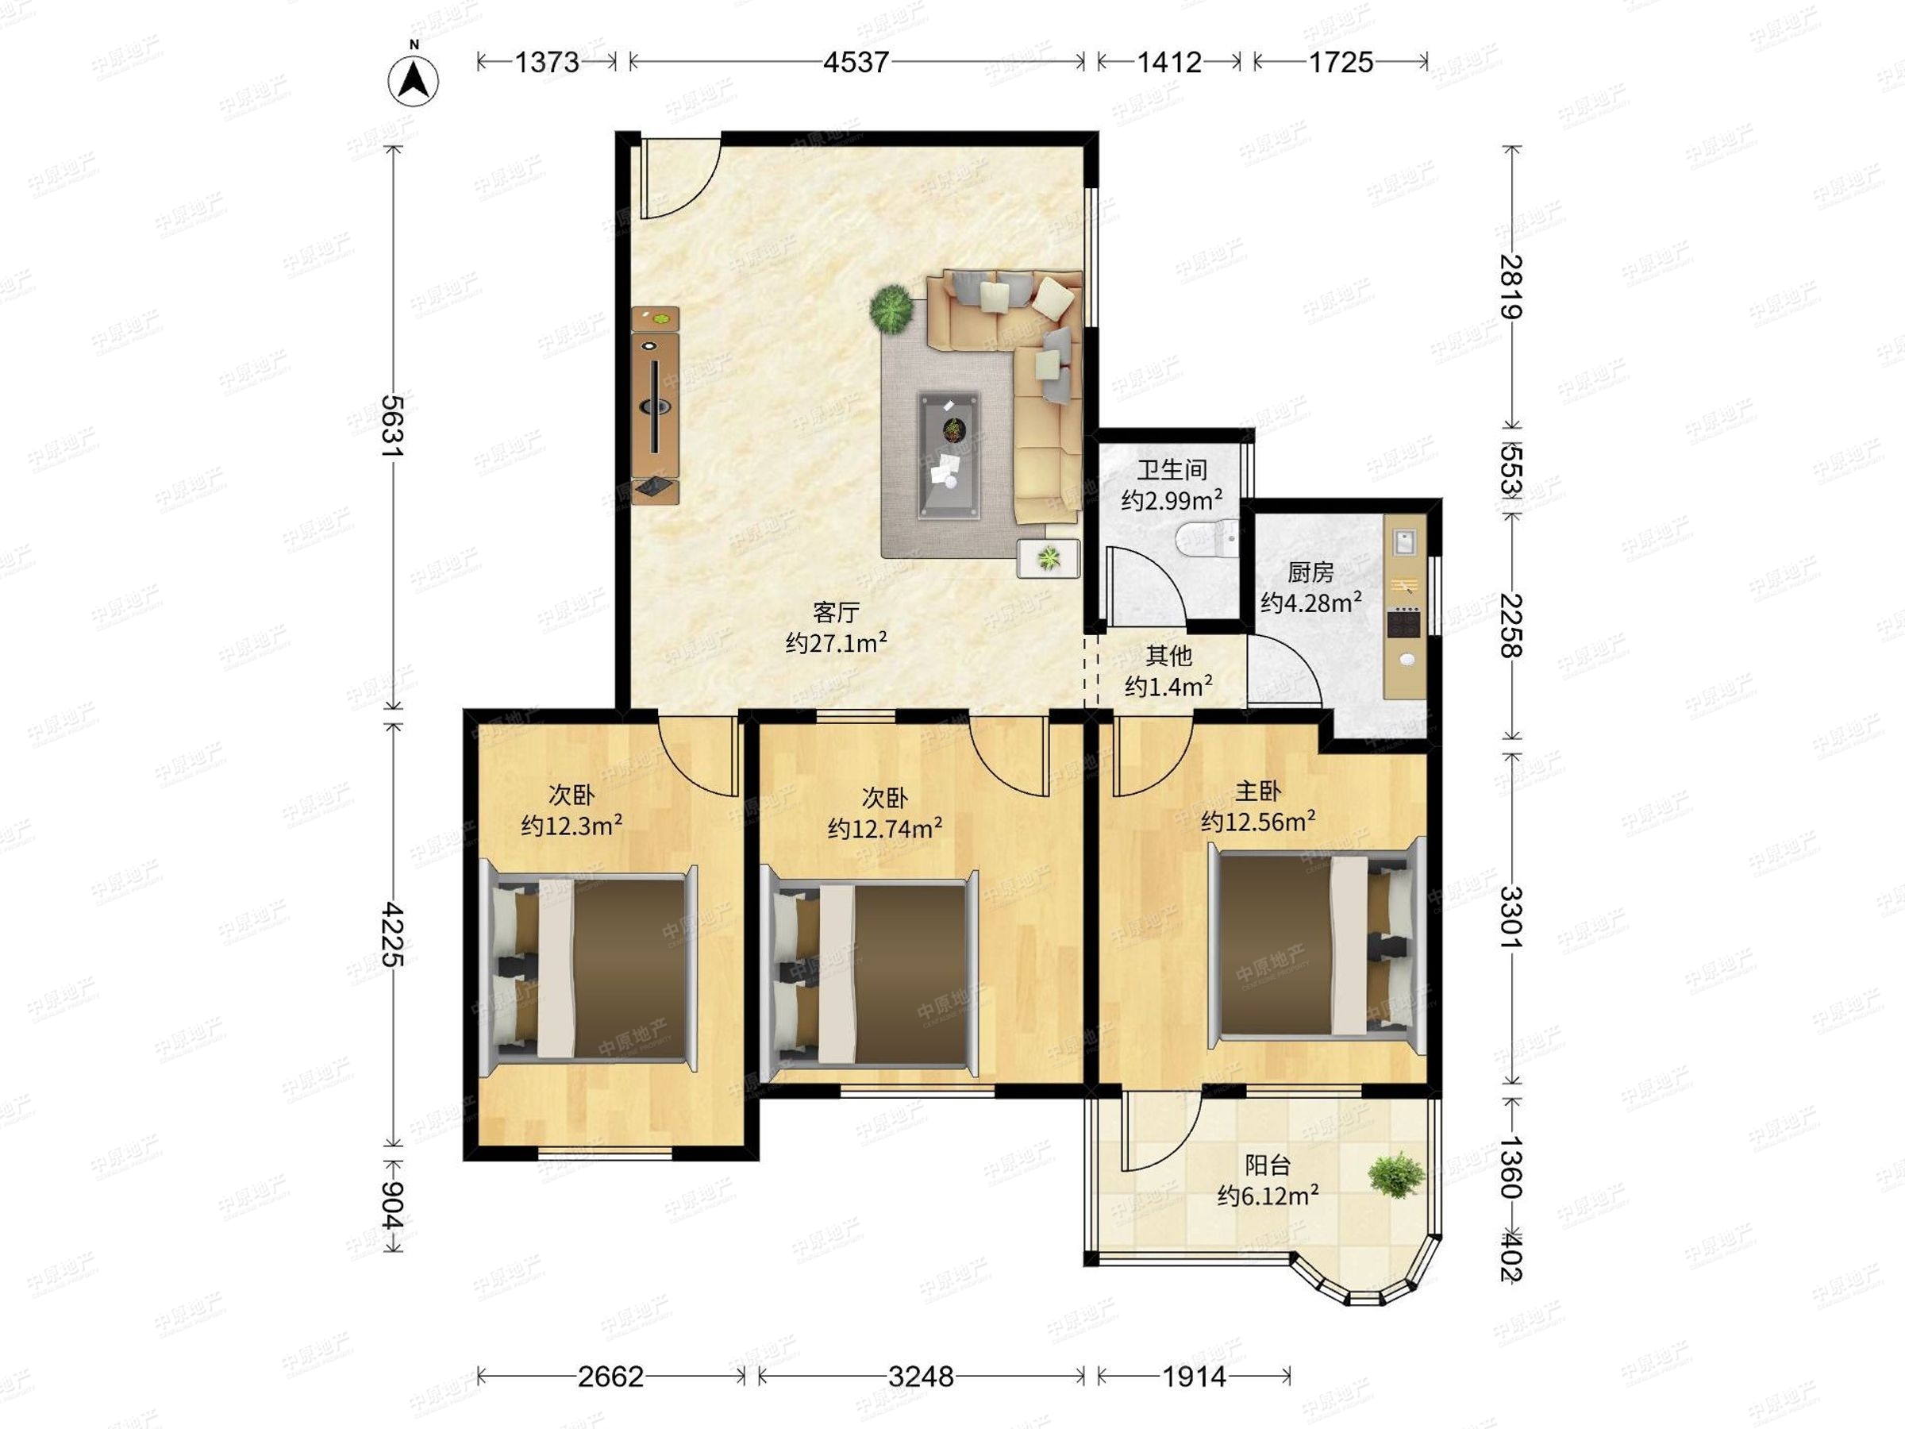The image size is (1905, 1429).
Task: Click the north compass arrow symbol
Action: click(x=414, y=79)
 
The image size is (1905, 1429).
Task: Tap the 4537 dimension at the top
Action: click(x=855, y=62)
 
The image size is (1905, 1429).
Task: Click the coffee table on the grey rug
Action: click(x=949, y=456)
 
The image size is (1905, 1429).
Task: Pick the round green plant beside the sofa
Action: click(x=891, y=307)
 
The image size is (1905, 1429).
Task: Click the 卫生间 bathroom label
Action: click(x=1172, y=470)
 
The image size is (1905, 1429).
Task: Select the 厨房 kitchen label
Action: click(x=1310, y=572)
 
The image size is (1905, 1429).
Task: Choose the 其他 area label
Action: click(x=1168, y=657)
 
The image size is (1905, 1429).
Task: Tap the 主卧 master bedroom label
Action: click(x=1258, y=791)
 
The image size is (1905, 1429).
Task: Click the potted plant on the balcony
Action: click(x=1395, y=1175)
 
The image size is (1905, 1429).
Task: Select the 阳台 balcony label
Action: click(x=1268, y=1165)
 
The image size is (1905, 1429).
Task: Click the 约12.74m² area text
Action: click(x=884, y=828)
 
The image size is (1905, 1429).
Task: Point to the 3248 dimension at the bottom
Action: click(x=921, y=1377)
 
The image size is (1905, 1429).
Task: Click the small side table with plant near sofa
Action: click(x=1048, y=559)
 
